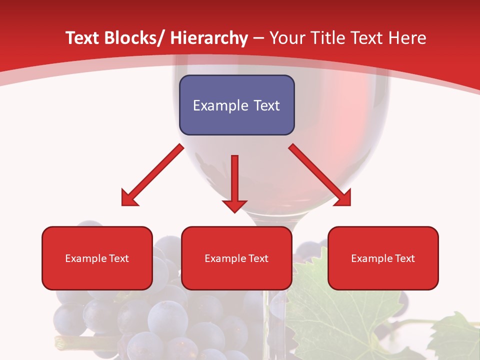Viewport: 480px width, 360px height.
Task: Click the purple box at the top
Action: tap(236, 105)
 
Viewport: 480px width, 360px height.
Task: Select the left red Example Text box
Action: tap(97, 258)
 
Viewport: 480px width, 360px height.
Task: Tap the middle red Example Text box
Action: tap(236, 258)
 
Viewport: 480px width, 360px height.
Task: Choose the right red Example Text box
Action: tap(383, 258)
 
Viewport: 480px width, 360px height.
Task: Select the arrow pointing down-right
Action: tap(320, 175)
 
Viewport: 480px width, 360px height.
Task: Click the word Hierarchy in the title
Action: tap(208, 38)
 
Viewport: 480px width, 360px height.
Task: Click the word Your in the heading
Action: tap(287, 38)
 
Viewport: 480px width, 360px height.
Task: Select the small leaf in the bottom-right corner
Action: tap(455, 337)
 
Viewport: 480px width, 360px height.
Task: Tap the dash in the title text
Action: tap(258, 38)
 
